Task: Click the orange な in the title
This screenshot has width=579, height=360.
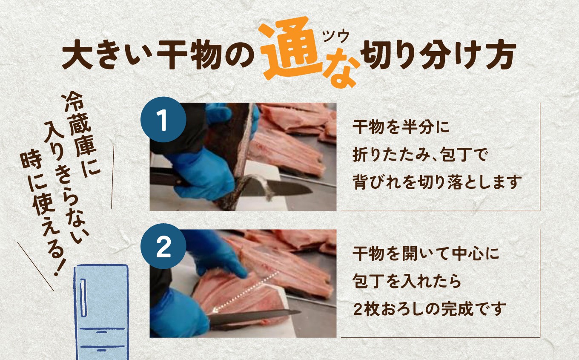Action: (342, 71)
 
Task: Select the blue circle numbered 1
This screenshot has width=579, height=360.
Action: (163, 120)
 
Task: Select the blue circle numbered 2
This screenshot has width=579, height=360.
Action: (163, 247)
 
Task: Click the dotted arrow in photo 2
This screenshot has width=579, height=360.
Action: (247, 292)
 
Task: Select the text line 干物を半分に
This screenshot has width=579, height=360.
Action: (401, 127)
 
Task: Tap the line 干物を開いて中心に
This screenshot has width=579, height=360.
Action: (425, 255)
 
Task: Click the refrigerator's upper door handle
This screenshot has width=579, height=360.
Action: (83, 298)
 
